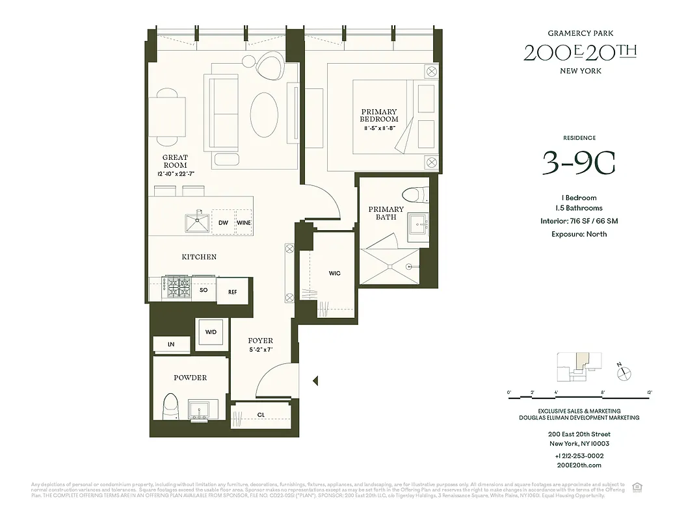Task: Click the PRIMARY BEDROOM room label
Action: [x=379, y=116]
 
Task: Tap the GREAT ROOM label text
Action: [x=175, y=161]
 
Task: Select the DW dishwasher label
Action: [x=223, y=223]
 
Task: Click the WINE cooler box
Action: [x=244, y=223]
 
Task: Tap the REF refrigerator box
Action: [x=232, y=292]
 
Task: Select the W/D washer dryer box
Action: [x=211, y=332]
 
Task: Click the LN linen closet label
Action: [x=171, y=344]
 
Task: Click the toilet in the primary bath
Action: [x=413, y=194]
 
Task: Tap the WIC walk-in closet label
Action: [x=334, y=273]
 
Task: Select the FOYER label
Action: [x=260, y=341]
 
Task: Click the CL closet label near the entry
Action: [x=260, y=414]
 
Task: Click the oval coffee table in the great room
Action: [x=263, y=113]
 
